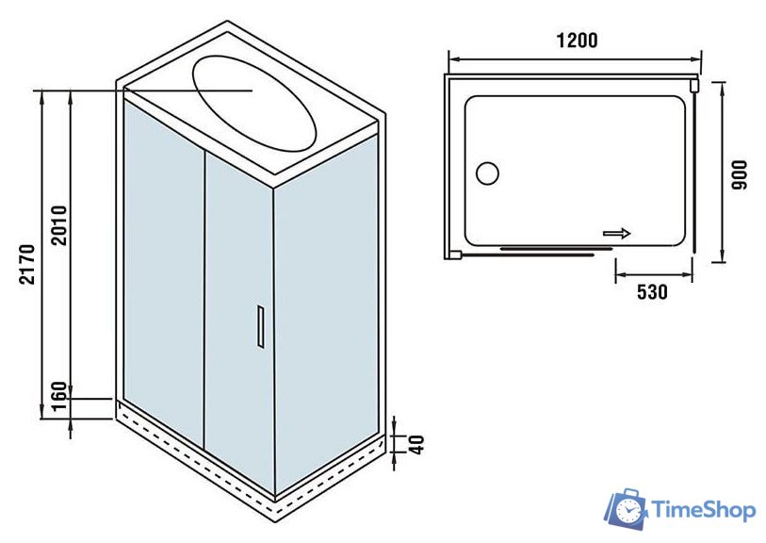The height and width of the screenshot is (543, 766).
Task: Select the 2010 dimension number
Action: coord(57,223)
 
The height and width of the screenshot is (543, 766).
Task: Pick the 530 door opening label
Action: coord(651,292)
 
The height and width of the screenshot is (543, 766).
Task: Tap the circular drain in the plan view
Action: coord(488,173)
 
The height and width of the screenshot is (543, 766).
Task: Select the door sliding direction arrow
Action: coord(617,233)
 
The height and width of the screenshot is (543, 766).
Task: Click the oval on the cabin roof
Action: coord(254,101)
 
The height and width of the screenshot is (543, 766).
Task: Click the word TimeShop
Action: coord(704,510)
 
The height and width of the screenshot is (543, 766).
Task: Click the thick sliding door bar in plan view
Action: coord(546,250)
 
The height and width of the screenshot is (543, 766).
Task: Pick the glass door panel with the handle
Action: coord(238,321)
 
